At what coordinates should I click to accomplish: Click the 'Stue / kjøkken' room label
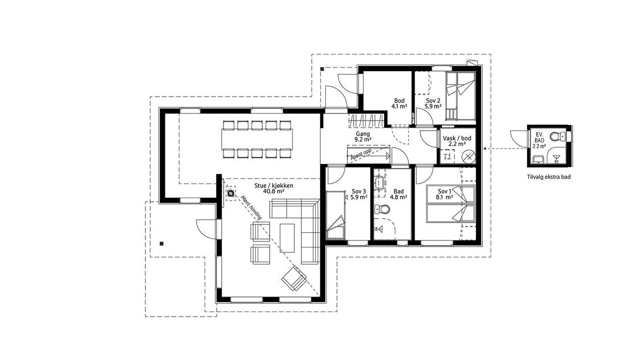pos(274,185)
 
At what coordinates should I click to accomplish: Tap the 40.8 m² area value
pos(274,192)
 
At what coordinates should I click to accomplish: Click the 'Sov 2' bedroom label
pos(433,100)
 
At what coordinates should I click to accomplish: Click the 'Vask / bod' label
pos(456,138)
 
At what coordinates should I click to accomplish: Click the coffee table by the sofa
pos(287,237)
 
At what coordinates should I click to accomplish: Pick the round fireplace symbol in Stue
pos(230,193)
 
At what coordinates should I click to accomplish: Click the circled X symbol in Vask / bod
pos(469,156)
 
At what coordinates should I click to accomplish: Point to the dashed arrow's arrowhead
pos(485,149)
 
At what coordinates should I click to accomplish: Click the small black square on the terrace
pos(161,244)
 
